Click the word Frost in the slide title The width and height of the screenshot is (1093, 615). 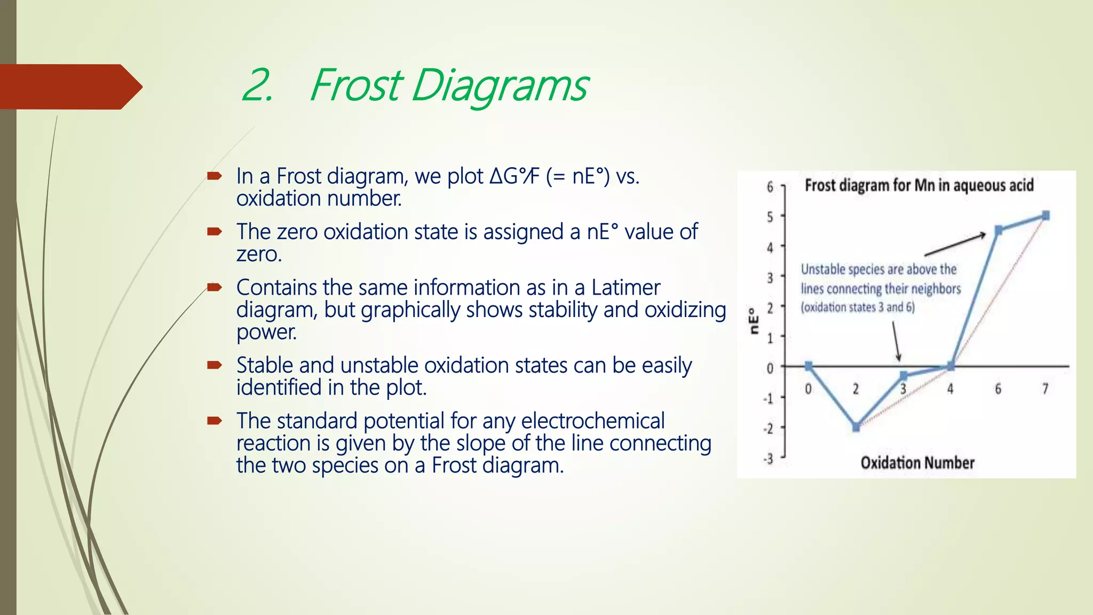pos(357,85)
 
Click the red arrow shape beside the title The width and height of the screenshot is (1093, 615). pos(69,87)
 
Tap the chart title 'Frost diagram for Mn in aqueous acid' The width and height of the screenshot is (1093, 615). pos(919,185)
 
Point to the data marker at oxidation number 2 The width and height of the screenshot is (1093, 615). pos(856,427)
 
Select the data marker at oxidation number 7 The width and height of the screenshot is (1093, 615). pos(1046,216)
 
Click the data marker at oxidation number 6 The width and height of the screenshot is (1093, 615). pos(999,231)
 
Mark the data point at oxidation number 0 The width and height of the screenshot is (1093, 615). pos(809,366)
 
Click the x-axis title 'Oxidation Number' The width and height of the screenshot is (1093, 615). pos(917,462)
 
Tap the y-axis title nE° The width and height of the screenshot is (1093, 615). pos(754,321)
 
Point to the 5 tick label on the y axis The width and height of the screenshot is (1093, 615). pos(770,217)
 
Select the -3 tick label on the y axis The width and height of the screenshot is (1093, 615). pos(768,459)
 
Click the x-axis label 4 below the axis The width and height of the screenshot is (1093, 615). pos(951,389)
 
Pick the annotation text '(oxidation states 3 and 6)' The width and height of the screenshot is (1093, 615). pos(857,307)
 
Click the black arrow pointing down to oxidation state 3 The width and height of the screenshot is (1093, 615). pos(897,342)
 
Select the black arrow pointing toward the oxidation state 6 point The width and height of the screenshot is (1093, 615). pos(955,245)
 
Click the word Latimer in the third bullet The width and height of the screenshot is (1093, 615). pos(625,288)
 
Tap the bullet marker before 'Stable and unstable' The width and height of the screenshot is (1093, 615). pos(215,365)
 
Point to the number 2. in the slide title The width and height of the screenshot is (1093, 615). pos(258,85)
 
